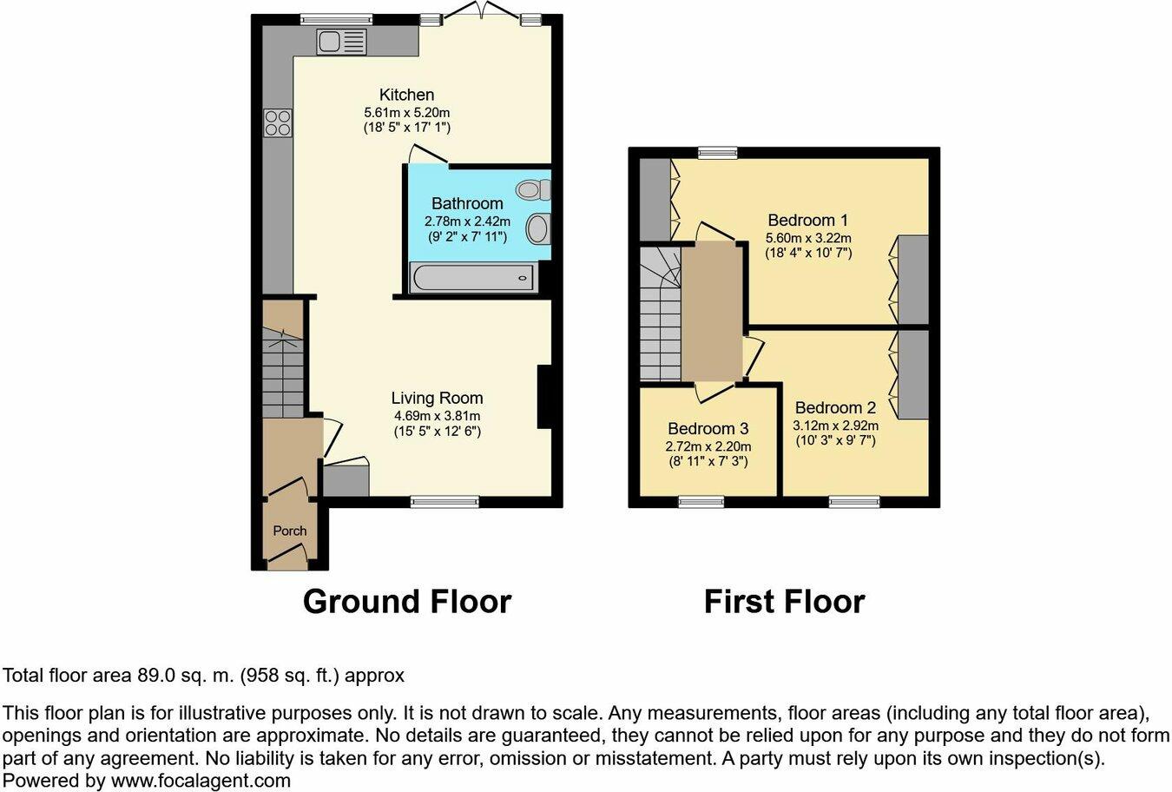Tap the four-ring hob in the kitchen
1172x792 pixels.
point(278,122)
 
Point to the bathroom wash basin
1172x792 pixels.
point(538,229)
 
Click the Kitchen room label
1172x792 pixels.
point(406,95)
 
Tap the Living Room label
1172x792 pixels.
point(437,399)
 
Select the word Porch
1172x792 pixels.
point(290,531)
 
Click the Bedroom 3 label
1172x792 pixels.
point(708,429)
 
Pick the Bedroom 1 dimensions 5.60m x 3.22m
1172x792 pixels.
point(807,238)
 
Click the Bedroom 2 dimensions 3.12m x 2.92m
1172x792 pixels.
point(835,426)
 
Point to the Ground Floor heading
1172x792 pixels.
point(406,601)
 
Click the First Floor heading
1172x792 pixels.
point(784,601)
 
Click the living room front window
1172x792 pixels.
point(444,501)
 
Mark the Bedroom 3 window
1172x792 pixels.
point(701,501)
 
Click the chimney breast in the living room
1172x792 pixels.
point(545,397)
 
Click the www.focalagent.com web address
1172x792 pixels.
point(201,780)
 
